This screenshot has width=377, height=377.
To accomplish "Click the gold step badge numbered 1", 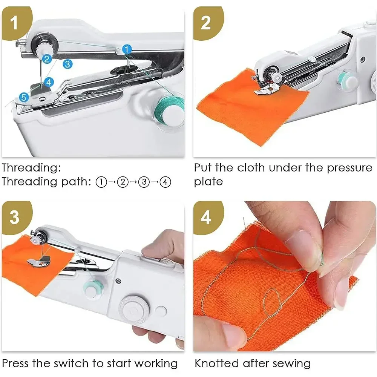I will coord(14,23).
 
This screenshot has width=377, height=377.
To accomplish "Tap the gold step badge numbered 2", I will coord(206,23).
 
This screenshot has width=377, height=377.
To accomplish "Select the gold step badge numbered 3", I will coord(14,218).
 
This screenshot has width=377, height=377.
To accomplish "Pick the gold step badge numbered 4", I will coord(206,218).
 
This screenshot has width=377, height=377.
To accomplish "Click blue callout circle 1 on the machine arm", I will coord(127,49).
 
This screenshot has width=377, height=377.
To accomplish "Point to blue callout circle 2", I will coord(47,59).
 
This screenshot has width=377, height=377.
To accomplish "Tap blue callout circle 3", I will coord(67,64).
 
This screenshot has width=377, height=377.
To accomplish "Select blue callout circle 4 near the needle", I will coord(49,81).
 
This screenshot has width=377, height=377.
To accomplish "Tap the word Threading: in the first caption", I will coord(31,167).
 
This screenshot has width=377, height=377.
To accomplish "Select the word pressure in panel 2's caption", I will coord(349,167).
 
